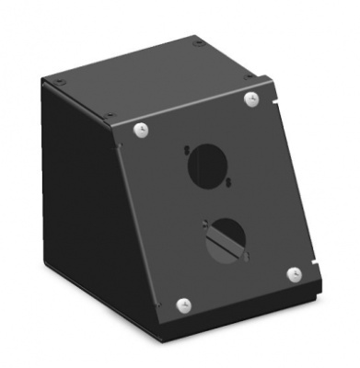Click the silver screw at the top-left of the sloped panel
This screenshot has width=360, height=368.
point(141,130)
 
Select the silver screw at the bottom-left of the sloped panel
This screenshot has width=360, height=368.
point(181,305)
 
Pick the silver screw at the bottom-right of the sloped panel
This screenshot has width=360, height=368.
point(294,273)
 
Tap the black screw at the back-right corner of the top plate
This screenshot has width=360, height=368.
point(198,41)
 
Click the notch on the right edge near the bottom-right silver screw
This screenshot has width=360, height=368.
point(319,261)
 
